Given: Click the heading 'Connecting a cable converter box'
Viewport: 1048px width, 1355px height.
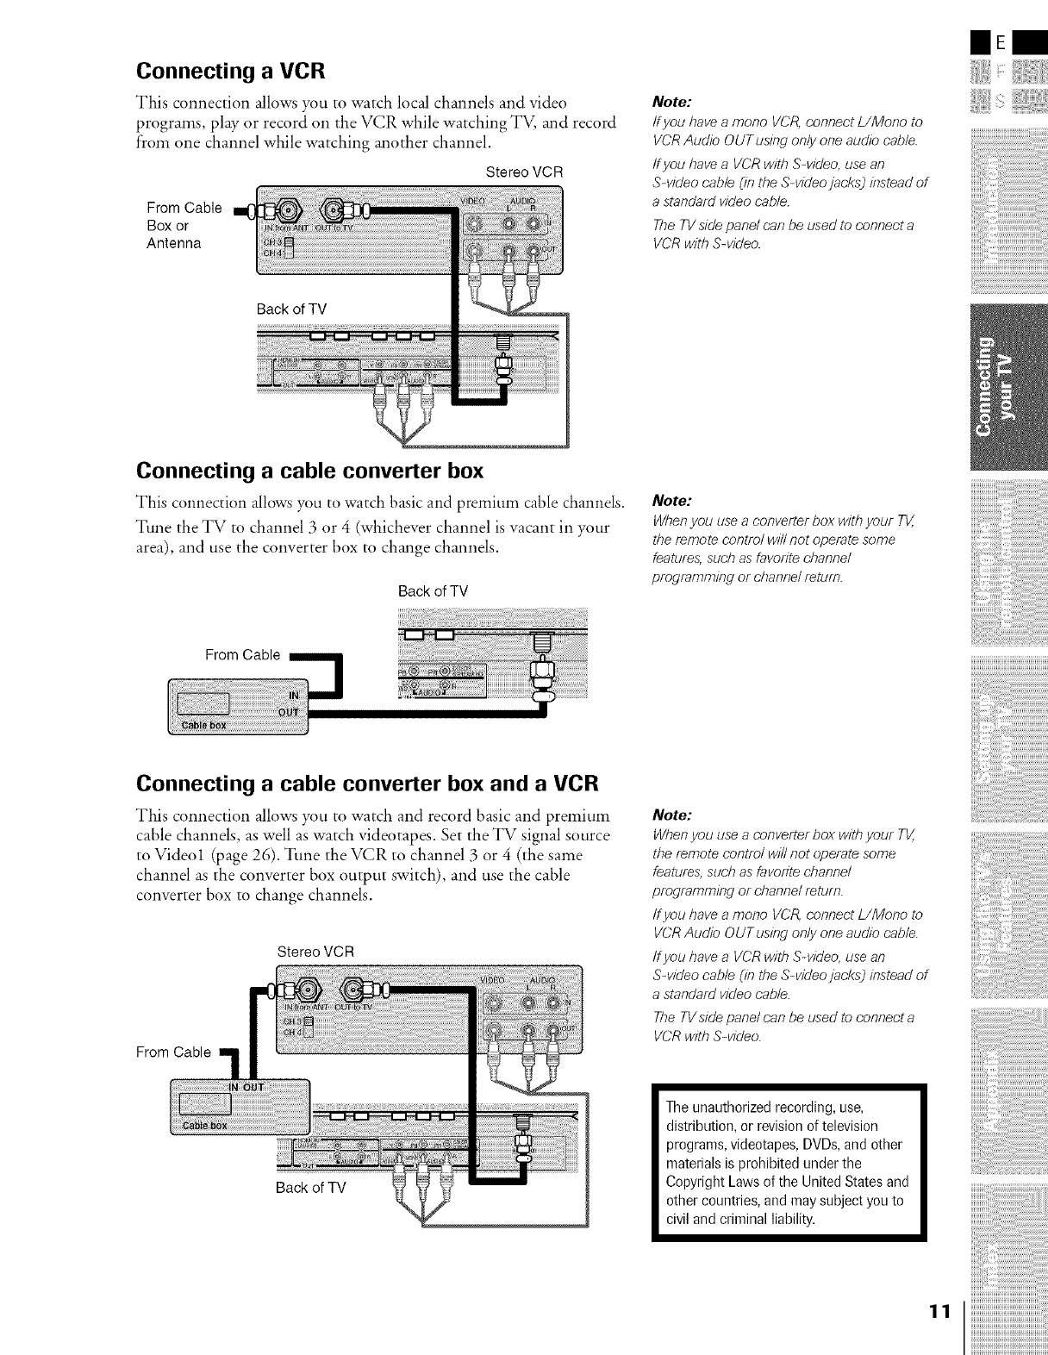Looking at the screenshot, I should (309, 471).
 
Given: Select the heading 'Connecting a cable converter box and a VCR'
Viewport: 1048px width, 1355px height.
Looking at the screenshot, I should (367, 784).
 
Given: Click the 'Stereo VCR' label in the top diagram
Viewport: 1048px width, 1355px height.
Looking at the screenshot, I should (524, 172).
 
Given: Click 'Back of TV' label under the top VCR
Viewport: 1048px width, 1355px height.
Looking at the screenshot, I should (291, 309).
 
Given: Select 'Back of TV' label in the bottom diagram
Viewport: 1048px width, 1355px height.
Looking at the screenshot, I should (310, 1188).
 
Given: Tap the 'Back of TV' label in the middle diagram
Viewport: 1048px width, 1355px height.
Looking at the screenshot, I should (433, 592).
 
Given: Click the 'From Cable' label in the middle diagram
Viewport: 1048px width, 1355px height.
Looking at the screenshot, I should (242, 655).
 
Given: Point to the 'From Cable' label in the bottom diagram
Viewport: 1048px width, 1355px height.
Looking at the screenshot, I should (173, 1052).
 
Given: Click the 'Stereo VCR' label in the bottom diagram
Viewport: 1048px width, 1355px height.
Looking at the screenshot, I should (315, 952).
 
